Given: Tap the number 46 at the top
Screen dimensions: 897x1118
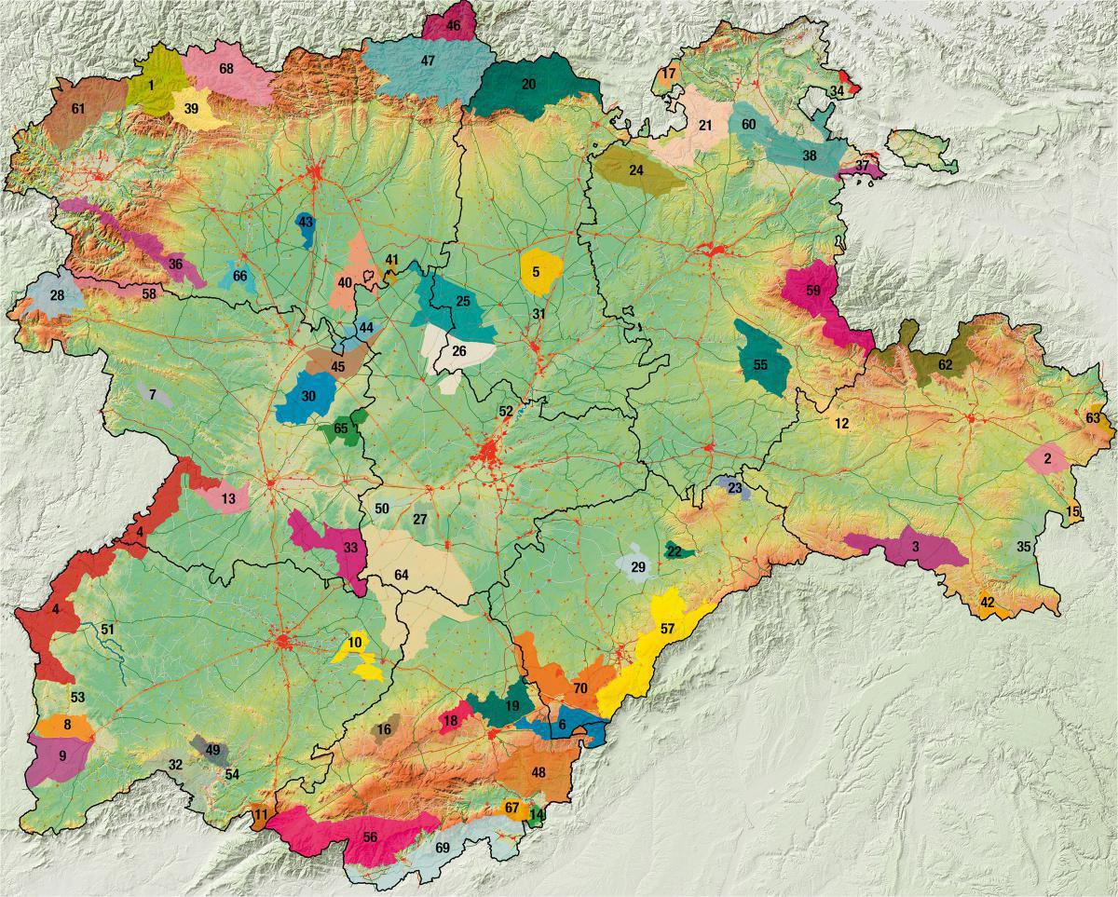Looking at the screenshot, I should click(x=453, y=26).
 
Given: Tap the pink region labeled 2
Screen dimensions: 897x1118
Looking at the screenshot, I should click(x=1047, y=458).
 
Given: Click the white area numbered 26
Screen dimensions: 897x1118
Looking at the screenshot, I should click(x=458, y=352).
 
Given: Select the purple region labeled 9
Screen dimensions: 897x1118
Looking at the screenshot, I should click(x=61, y=756).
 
